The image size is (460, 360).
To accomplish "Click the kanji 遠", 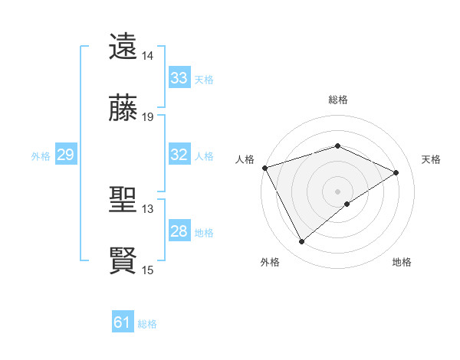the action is [x=123, y=47].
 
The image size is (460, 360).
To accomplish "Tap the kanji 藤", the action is [x=123, y=109].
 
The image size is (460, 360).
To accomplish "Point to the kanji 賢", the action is [x=123, y=260].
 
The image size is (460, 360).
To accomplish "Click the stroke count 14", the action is [x=147, y=56].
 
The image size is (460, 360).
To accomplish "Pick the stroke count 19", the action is [x=147, y=118].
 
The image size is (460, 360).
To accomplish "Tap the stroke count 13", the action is [x=147, y=208].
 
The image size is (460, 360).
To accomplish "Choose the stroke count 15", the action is [x=147, y=270].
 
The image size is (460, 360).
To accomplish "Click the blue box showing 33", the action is [x=179, y=78].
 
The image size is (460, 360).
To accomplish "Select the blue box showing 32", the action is [x=179, y=155].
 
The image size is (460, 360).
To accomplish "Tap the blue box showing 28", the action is [x=179, y=231].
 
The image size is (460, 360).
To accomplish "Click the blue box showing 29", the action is [x=65, y=155].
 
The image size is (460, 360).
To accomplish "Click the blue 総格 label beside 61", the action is [x=147, y=324].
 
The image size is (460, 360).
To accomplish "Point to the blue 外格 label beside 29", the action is [x=41, y=155].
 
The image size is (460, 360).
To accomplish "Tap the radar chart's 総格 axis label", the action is [x=338, y=100].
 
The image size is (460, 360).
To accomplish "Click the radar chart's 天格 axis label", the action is [x=432, y=159].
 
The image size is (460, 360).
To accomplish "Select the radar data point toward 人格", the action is [x=264, y=168].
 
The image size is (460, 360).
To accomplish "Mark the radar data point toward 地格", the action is [x=347, y=204].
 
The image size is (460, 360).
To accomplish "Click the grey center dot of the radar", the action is [x=338, y=191].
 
